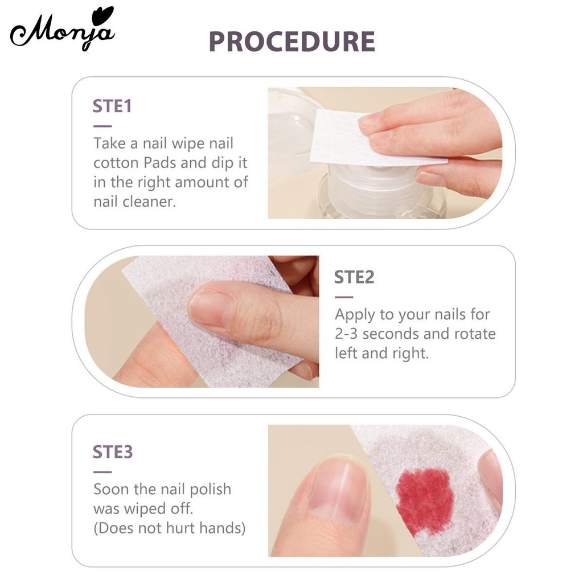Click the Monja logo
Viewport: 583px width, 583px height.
pos(63,30)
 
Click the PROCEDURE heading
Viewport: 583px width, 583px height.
pos(292,41)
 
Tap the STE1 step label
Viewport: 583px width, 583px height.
pos(112,106)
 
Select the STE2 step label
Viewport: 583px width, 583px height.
pos(354,277)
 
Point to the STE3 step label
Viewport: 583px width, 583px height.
pos(113,452)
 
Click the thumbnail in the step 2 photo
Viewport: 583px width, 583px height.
pos(211,307)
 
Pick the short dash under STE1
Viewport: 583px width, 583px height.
pos(102,126)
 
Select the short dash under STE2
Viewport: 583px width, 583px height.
pos(344,297)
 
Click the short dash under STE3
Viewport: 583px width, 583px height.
pos(102,472)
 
